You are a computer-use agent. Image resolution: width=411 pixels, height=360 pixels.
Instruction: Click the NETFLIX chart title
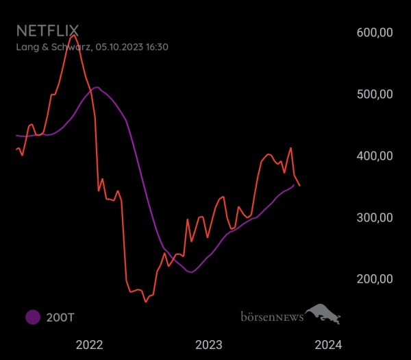coord(47,31)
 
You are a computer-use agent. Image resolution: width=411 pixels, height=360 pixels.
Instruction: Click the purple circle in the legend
coord(32,317)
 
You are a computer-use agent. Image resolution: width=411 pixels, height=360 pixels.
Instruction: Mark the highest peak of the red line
coord(73,34)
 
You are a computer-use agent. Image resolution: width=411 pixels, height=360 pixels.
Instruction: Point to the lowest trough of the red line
coord(145,301)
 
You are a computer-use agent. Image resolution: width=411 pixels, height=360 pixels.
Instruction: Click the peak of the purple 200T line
coord(97,87)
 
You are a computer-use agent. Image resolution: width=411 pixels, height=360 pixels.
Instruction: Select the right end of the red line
coord(299,185)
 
